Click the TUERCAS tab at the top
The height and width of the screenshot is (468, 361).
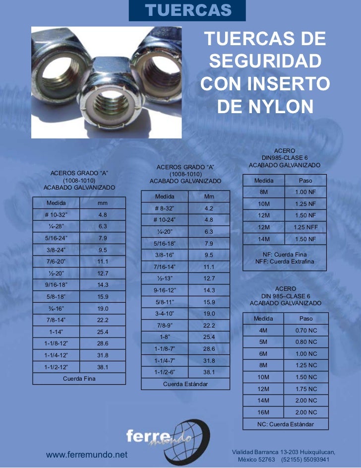[x=188, y=10]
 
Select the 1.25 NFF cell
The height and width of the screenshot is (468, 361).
[x=305, y=227]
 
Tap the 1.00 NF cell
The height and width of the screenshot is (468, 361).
[x=305, y=192]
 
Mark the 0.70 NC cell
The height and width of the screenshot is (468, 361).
[x=305, y=330]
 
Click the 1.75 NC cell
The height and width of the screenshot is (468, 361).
[x=305, y=389]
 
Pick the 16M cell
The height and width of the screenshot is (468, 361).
[x=263, y=412]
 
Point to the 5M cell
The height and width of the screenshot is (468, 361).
[x=263, y=342]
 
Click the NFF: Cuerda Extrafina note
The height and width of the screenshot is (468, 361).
[x=285, y=262]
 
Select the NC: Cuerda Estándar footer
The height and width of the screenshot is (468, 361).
[x=285, y=424]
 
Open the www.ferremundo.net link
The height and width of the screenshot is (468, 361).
[x=87, y=455]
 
